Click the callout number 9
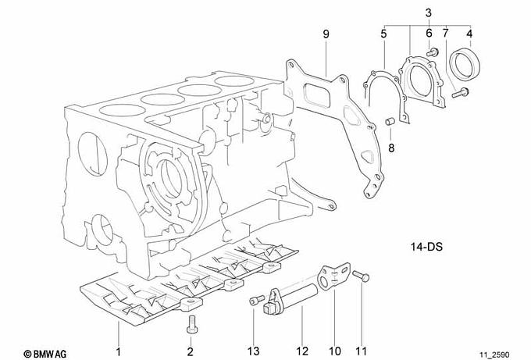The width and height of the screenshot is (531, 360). click(x=326, y=34)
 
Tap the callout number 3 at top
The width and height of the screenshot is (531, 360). click(x=429, y=13)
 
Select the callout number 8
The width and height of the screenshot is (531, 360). click(x=391, y=148)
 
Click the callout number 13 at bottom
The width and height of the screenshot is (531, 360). click(x=253, y=351)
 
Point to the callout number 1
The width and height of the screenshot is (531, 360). click(x=119, y=352)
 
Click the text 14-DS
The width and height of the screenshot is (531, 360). click(x=426, y=246)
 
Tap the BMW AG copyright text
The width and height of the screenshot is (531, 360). click(x=45, y=355)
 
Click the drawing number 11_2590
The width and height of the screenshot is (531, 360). click(x=494, y=355)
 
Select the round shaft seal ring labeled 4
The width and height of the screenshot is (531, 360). click(x=465, y=64)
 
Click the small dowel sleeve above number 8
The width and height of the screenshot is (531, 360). click(x=390, y=121)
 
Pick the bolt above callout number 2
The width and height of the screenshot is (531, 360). click(x=191, y=324)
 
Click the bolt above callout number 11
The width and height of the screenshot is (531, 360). click(x=361, y=276)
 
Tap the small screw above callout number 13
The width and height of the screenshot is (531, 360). click(x=257, y=301)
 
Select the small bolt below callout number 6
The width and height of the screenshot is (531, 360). click(x=432, y=52)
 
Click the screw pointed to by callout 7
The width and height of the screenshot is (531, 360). click(x=460, y=92)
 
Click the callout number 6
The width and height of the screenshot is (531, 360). click(x=429, y=34)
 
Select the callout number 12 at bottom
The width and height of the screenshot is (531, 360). click(x=302, y=351)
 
